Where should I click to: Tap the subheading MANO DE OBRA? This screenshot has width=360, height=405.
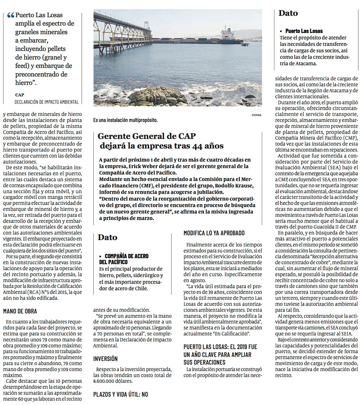[20, 311]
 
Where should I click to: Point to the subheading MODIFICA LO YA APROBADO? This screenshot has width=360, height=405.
[214, 233]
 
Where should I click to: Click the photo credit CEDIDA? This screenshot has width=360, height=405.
[257, 115]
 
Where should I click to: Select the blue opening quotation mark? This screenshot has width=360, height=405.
[11, 15]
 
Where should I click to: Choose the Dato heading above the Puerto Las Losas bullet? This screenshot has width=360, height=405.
[288, 13]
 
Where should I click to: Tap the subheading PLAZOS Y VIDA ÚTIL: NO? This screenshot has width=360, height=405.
[121, 394]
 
